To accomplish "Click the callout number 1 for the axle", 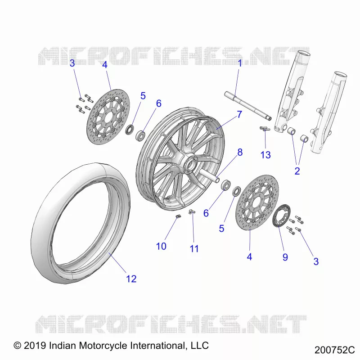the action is point(240,63).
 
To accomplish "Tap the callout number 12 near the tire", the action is point(131,279).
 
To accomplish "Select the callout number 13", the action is point(265,155).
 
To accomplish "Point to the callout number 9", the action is point(285,257).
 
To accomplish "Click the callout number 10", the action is point(161,246).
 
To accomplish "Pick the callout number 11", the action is point(194,249).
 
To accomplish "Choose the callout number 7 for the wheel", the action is point(239,114).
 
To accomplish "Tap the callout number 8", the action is point(240,152).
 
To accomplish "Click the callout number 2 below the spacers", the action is point(297,171).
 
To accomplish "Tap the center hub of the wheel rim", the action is point(189,163).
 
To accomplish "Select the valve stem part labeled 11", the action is point(191,211).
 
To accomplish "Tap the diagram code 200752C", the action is point(334,350).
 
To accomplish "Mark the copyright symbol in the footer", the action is point(18,346).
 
